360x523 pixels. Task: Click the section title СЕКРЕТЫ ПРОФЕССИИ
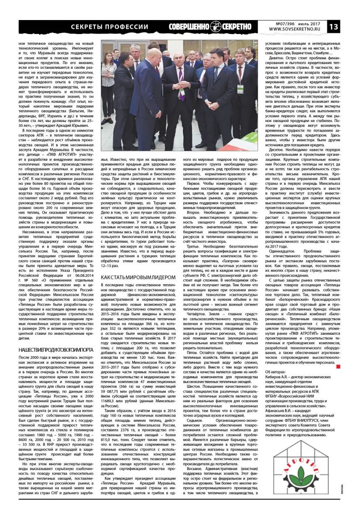[x=109, y=27]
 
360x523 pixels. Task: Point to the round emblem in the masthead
[x=217, y=27]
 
